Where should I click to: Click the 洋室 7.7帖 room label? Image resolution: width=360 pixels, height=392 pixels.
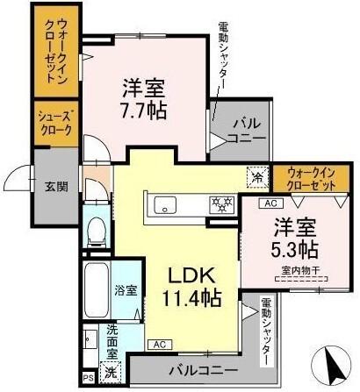(x=144, y=101)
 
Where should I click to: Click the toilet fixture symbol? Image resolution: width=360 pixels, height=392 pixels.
(x=96, y=230)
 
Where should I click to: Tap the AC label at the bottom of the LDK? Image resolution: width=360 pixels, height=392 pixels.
(x=158, y=345)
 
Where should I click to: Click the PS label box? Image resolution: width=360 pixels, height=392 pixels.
(x=88, y=378)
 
